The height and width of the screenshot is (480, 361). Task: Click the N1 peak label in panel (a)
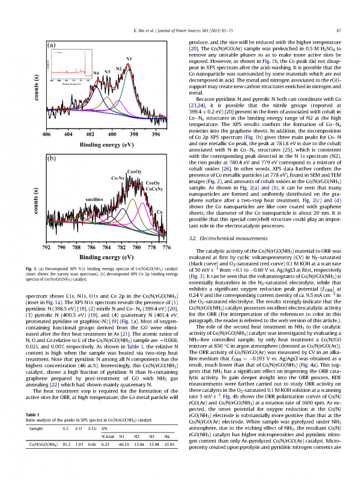point(129,58)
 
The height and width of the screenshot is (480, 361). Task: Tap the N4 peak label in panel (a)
point(96,73)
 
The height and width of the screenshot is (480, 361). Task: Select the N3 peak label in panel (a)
point(107,71)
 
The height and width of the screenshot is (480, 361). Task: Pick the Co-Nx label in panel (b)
point(118,178)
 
